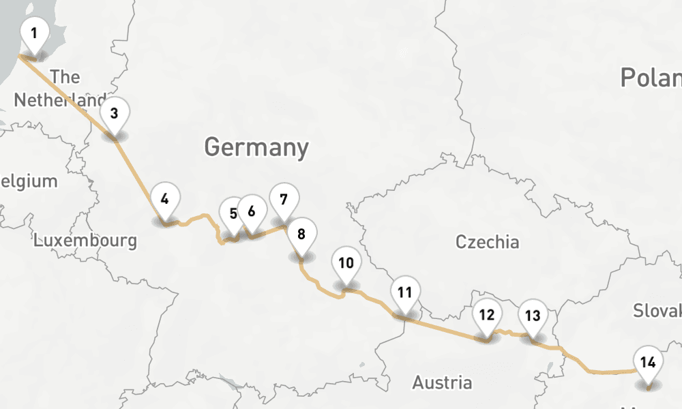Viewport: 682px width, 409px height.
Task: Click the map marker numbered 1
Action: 34,33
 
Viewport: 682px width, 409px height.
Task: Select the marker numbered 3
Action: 115,113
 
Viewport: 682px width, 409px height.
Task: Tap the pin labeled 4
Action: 165,199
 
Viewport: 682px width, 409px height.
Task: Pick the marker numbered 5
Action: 233,213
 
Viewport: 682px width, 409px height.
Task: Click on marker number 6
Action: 252,211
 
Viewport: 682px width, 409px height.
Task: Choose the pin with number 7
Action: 284,199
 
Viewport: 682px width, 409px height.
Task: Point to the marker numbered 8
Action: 301,234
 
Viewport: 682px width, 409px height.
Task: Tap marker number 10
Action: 346,262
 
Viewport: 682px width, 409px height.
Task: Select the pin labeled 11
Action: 405,292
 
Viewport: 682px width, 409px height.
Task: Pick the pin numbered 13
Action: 533,316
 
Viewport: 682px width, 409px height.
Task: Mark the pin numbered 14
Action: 648,362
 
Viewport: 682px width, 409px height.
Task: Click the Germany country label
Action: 256,147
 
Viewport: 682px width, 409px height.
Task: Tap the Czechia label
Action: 487,242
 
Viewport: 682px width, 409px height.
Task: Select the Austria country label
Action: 442,382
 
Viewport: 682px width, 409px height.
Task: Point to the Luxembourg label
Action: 85,241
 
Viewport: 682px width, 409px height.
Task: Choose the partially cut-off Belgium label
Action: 29,181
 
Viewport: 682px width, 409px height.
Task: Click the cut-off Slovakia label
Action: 657,311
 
